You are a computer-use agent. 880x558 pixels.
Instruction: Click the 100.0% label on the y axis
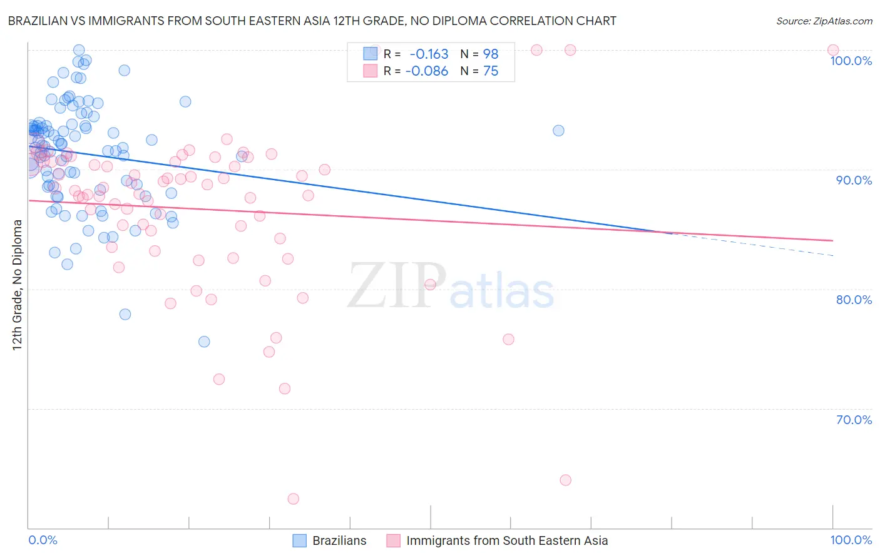click(x=851, y=61)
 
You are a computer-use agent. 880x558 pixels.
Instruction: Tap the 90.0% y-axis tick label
click(x=854, y=180)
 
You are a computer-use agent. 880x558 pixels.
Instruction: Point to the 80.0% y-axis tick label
click(x=854, y=300)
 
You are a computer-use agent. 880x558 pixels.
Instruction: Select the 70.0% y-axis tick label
click(x=854, y=420)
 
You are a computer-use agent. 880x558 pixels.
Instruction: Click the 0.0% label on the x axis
click(x=43, y=540)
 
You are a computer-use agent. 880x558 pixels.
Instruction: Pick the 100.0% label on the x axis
click(x=851, y=540)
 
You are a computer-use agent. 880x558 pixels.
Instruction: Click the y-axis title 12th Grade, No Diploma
click(x=18, y=285)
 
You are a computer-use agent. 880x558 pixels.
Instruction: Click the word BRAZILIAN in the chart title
click(x=38, y=21)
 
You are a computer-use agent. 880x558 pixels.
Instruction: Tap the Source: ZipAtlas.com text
click(x=824, y=21)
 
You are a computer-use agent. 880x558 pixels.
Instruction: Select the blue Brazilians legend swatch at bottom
click(x=300, y=541)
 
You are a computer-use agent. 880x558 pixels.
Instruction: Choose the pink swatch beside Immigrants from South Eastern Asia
click(x=393, y=541)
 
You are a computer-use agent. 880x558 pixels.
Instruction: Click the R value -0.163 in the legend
click(x=429, y=54)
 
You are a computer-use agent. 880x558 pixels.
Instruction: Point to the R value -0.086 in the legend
click(x=427, y=71)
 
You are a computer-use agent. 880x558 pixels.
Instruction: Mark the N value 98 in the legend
click(x=491, y=54)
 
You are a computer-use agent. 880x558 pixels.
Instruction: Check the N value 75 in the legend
click(x=491, y=71)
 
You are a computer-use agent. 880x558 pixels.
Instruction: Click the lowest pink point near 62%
click(x=293, y=499)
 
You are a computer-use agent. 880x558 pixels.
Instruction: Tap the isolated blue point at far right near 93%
click(x=558, y=131)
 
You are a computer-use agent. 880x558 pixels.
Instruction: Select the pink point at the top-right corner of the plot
click(x=833, y=50)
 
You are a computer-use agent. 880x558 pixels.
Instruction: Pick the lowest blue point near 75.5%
click(x=204, y=342)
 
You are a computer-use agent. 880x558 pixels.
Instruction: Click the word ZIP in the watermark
click(x=396, y=286)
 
